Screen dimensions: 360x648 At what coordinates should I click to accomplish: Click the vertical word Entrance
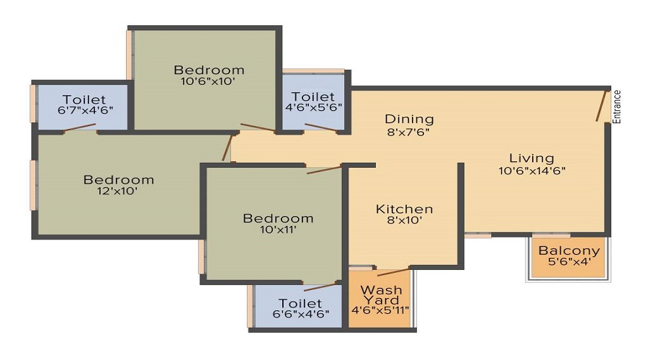tap(616, 106)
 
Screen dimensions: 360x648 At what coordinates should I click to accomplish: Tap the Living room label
tap(531, 158)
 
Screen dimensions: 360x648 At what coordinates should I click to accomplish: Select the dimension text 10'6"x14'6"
tap(531, 171)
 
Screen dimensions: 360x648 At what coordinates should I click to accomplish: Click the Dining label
tap(409, 119)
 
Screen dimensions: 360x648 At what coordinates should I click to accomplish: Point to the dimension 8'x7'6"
tap(409, 132)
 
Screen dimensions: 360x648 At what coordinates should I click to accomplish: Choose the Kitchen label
tap(405, 209)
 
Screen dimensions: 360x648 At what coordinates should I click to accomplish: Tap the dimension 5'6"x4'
tap(569, 263)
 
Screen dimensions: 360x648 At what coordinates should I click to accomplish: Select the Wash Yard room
tap(382, 295)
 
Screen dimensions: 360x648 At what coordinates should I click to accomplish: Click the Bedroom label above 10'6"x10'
tap(209, 70)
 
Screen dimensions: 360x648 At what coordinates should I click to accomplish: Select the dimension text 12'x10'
tap(118, 192)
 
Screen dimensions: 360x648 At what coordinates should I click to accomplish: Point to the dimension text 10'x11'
tap(277, 230)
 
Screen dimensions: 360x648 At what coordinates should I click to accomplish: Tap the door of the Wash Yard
tap(392, 272)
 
